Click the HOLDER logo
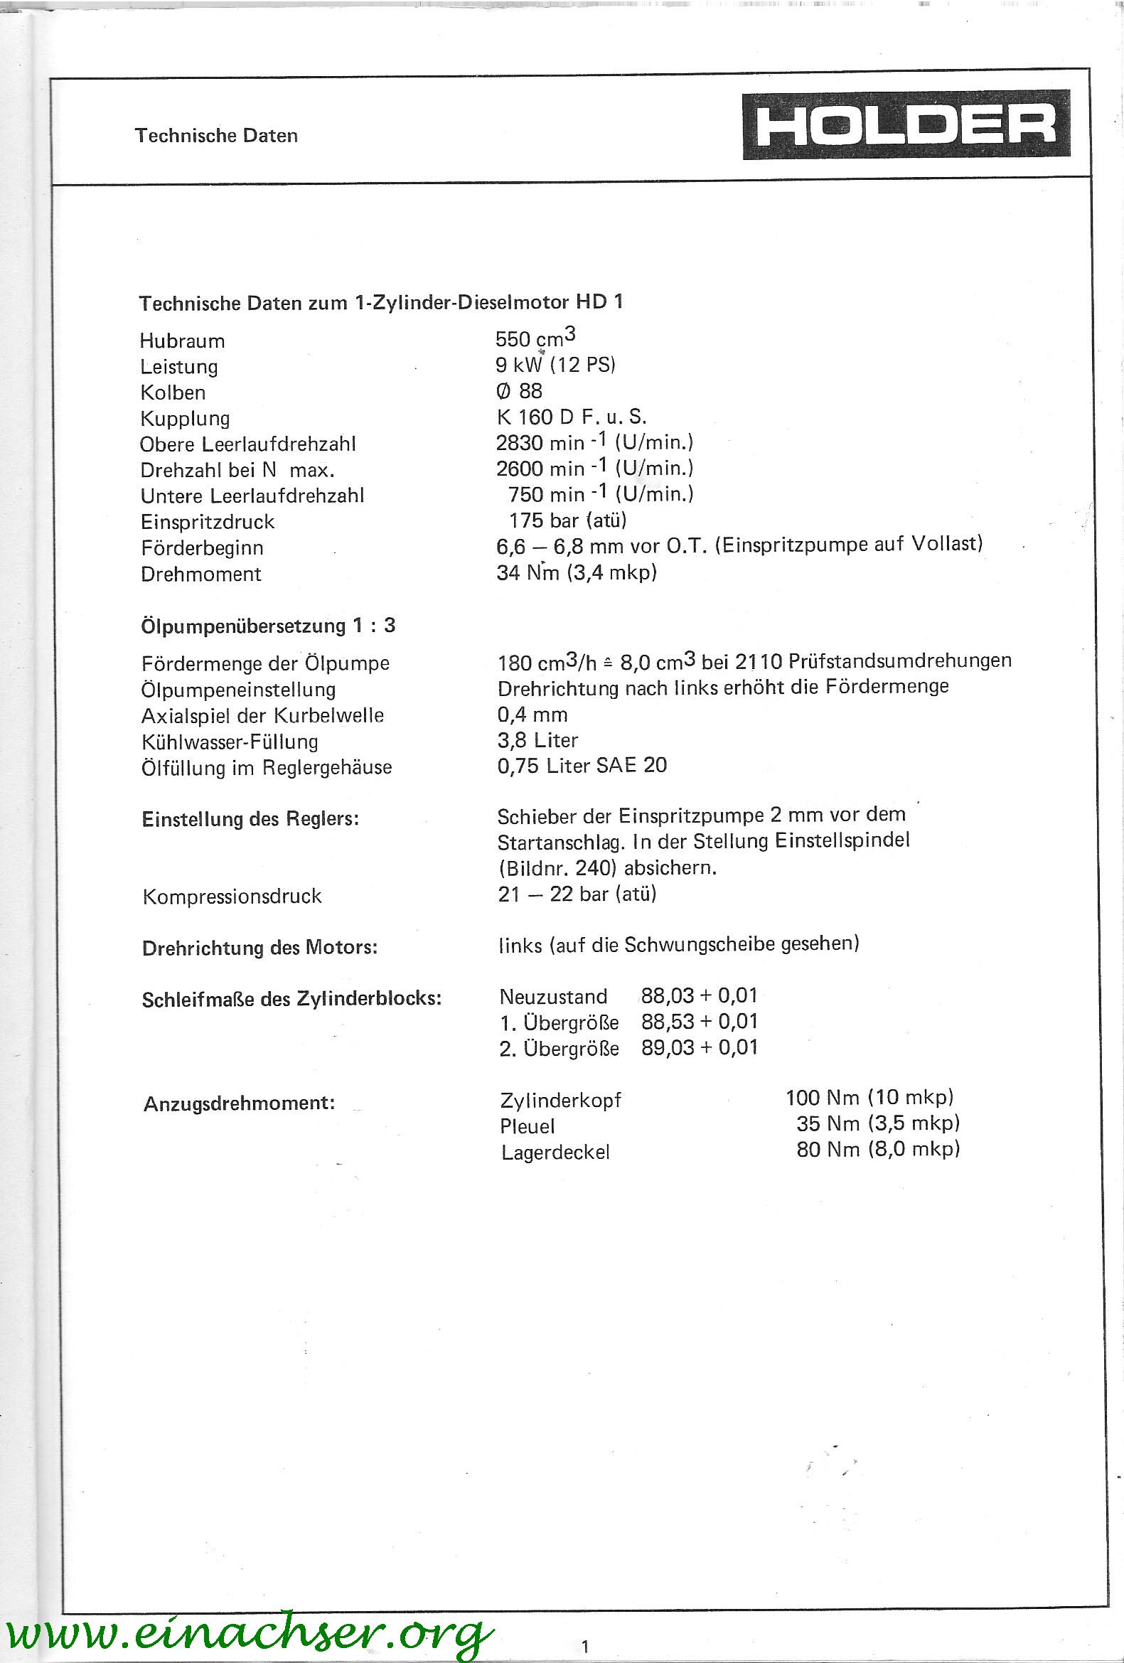pos(906,124)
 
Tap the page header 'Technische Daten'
pos(216,135)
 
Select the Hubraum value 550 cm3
pos(535,338)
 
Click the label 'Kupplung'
pos(185,419)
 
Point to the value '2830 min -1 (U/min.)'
pos(594,442)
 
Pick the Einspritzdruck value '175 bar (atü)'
pos(567,520)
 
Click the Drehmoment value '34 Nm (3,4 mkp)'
pos(577,572)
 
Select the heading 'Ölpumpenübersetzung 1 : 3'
pos(268,626)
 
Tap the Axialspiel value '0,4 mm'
pos(532,714)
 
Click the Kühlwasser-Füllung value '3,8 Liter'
pos(537,740)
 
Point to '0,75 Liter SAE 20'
pos(582,766)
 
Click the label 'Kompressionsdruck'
pos(232,896)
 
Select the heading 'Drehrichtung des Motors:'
pos(259,948)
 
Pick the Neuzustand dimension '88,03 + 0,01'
pos(699,995)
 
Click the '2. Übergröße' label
pos(559,1048)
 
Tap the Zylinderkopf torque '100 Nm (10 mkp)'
pos(869,1097)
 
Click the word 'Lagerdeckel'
pos(555,1152)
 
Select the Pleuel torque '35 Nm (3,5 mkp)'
pos(878,1123)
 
